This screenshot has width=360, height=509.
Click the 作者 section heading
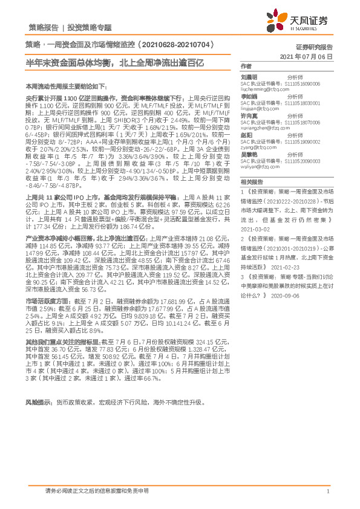[246, 66]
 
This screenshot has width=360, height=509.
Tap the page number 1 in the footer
[327, 491]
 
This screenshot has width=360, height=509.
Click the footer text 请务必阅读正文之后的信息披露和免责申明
[97, 491]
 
